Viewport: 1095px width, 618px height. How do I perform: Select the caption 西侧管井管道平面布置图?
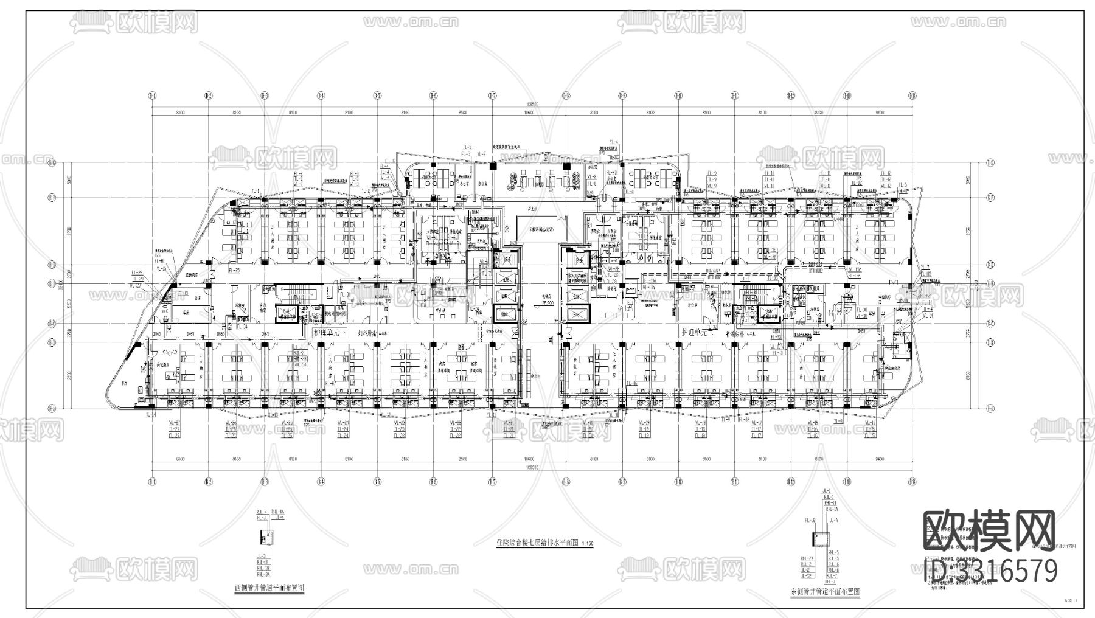269,588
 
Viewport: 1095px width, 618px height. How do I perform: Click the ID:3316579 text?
990,571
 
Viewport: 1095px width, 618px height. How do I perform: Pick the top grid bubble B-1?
152,95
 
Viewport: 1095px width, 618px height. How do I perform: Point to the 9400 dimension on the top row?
880,113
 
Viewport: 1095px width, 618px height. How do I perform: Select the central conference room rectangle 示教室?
541,230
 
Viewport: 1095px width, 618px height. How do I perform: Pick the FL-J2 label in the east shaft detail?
810,521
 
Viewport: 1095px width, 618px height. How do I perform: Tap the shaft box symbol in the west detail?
266,537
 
